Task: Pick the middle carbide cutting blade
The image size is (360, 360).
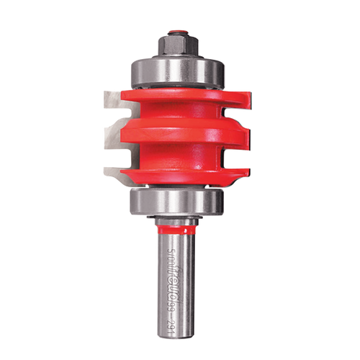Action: (115, 133)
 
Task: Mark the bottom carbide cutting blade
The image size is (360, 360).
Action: (115, 171)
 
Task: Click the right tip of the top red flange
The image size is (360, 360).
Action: (249, 94)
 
